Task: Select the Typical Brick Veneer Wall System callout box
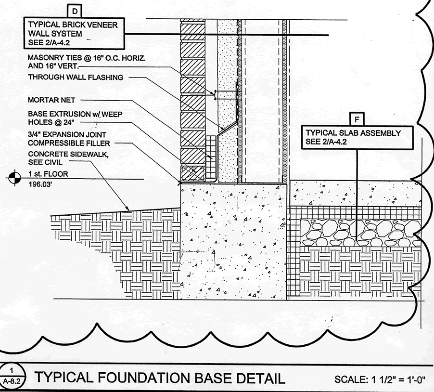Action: pyautogui.click(x=72, y=34)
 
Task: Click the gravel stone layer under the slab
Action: pyautogui.click(x=356, y=233)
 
